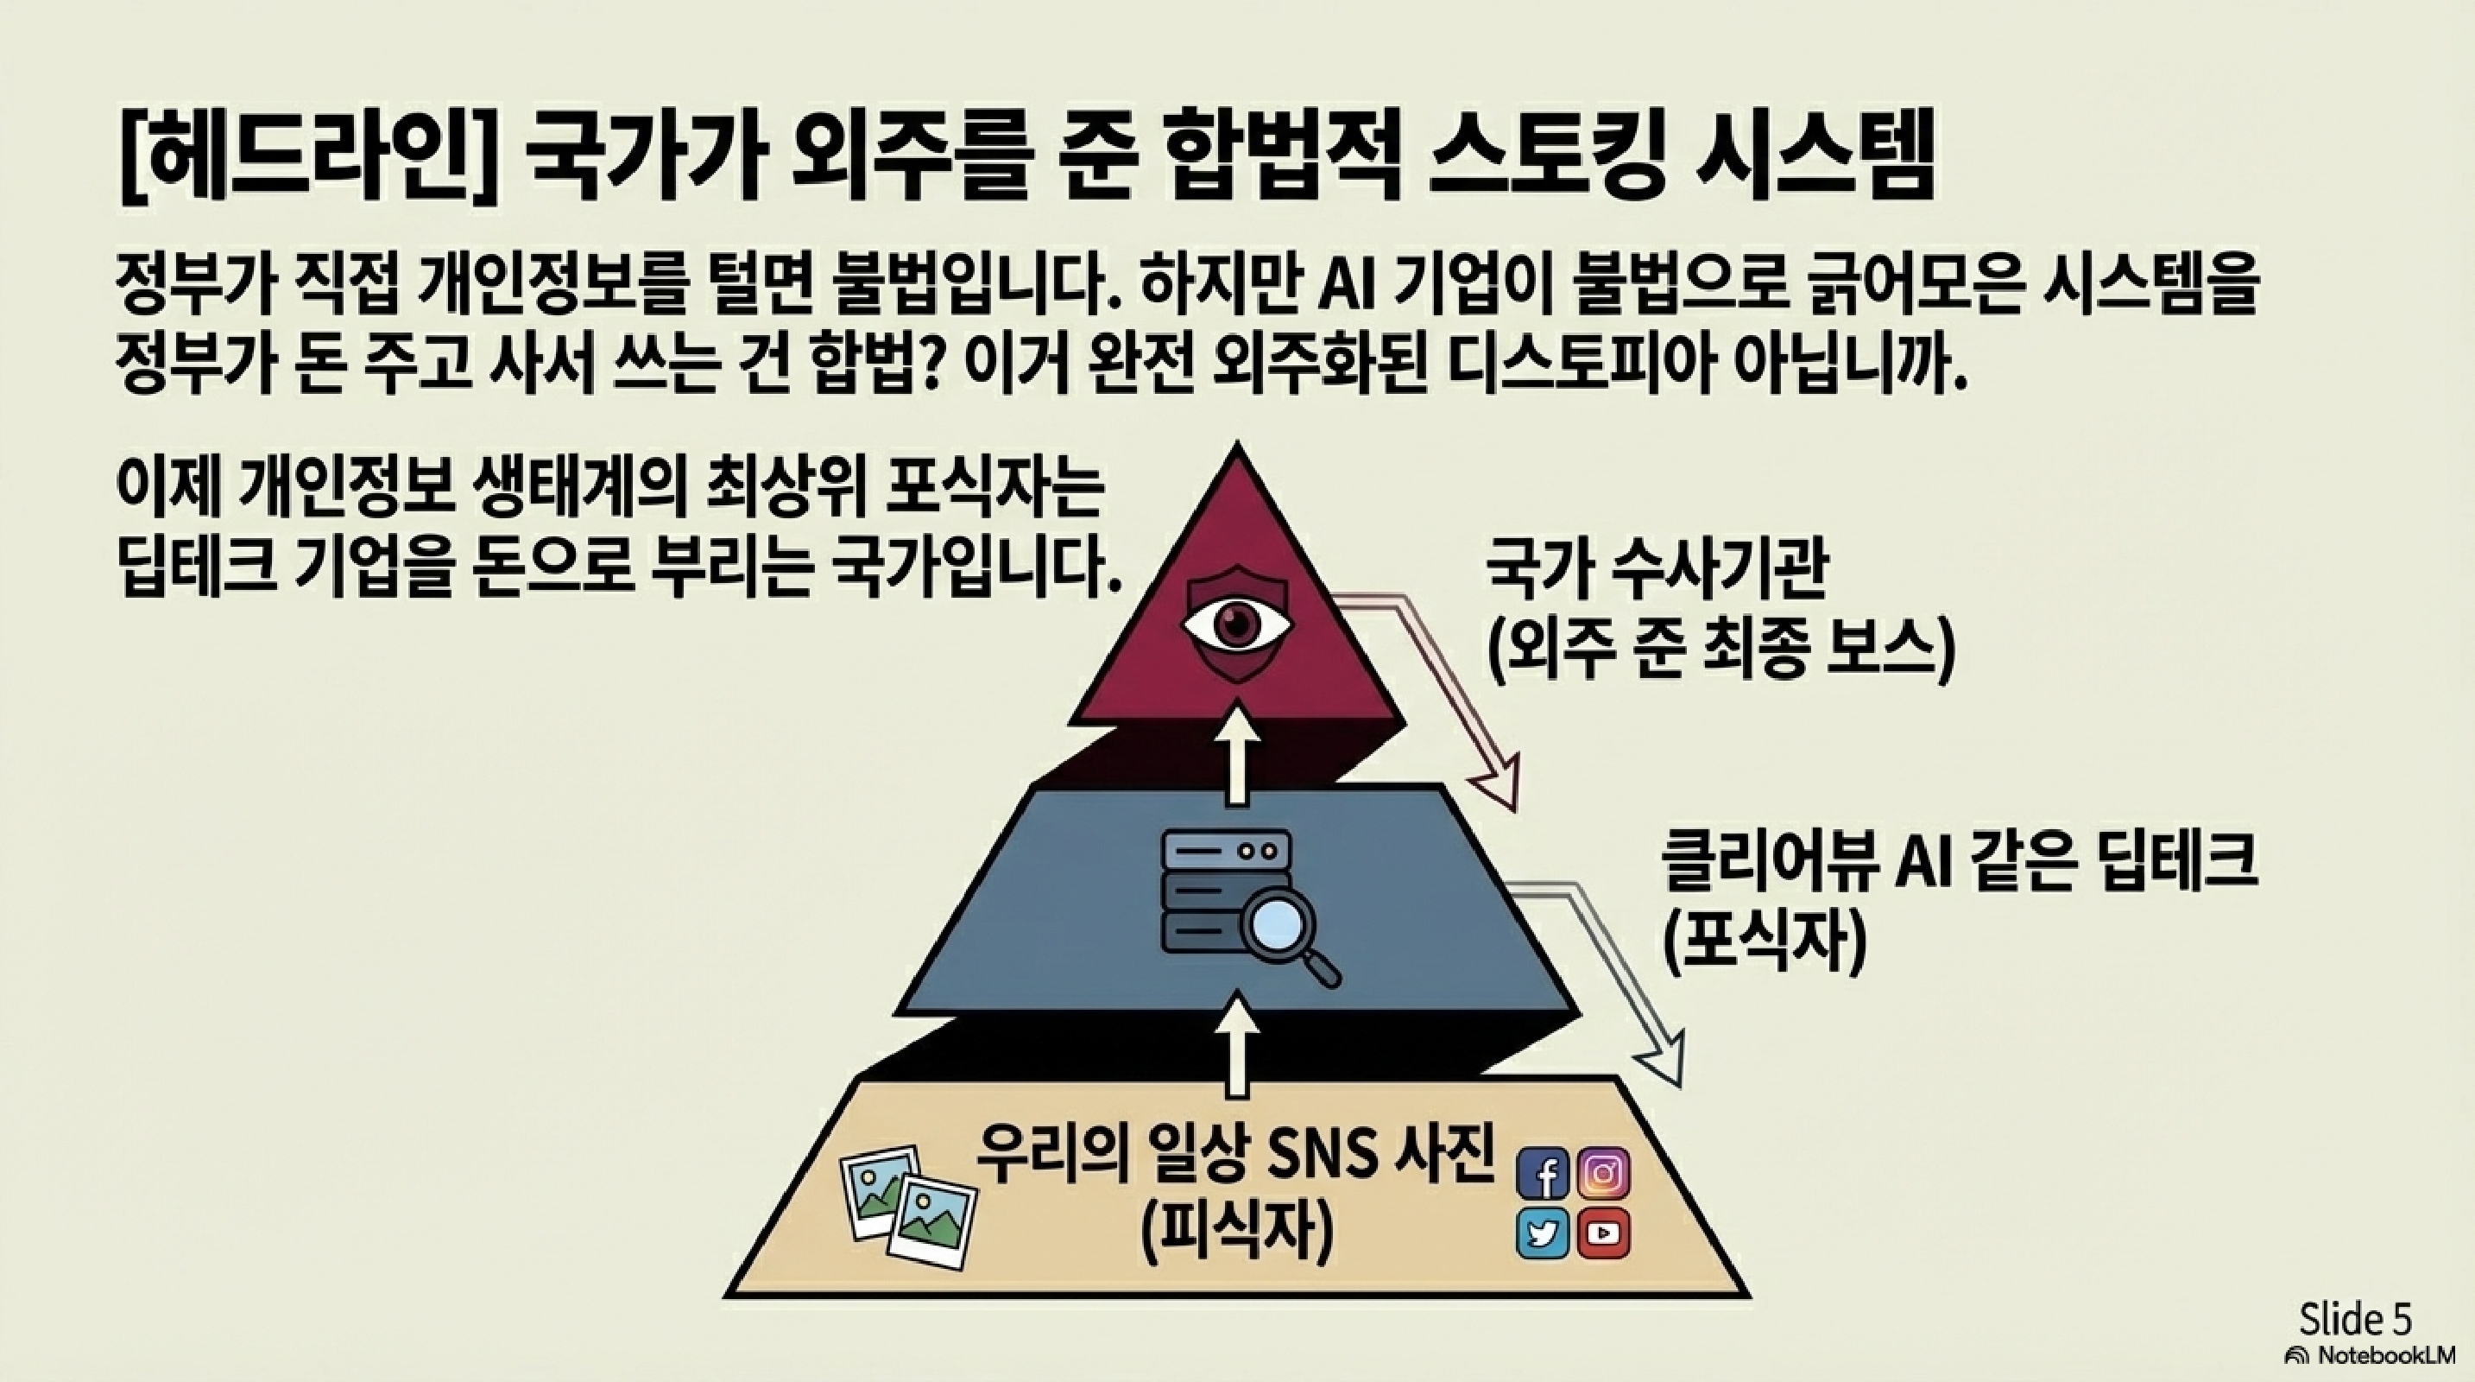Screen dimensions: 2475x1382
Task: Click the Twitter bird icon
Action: click(1543, 1233)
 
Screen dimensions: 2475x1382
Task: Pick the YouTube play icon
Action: click(1602, 1233)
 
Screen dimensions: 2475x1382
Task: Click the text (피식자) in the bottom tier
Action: click(1236, 1234)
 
